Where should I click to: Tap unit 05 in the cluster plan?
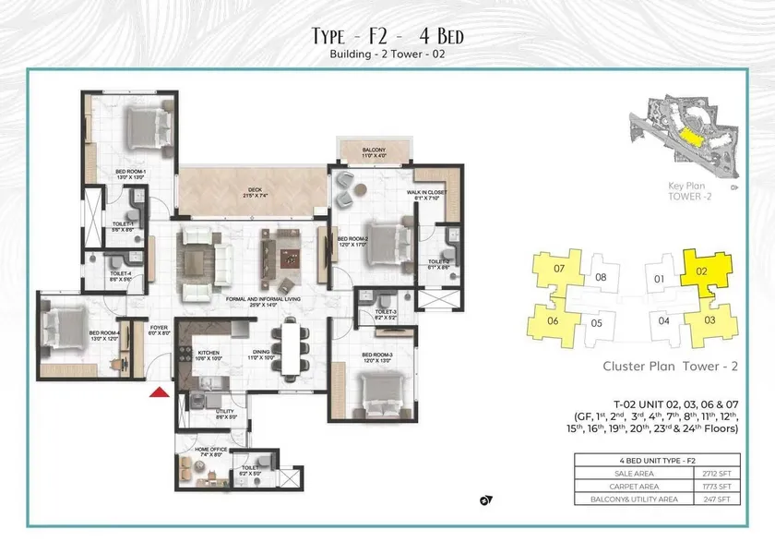tap(597, 323)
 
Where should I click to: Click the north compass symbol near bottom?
tap(486, 501)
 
